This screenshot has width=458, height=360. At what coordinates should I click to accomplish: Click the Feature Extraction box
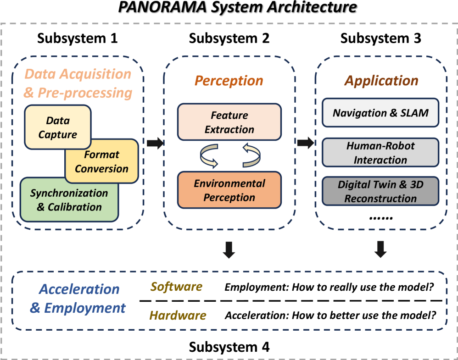tap(229, 122)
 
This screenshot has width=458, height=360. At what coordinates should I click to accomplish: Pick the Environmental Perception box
tap(229, 190)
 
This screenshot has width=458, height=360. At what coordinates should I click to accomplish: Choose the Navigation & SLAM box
tap(380, 113)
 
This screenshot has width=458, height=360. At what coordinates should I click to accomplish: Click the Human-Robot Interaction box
tap(380, 153)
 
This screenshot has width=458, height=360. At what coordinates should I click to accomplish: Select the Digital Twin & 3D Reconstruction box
tap(380, 192)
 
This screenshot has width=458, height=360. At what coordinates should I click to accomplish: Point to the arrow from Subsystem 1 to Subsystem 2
tap(155, 143)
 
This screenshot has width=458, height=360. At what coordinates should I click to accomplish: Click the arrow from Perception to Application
tap(306, 143)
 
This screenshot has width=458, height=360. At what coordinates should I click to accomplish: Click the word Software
tap(177, 287)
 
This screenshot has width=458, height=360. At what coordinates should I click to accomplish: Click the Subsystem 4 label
tap(229, 347)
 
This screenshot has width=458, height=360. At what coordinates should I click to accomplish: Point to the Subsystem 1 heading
tap(78, 39)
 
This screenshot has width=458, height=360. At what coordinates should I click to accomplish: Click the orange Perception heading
tap(229, 81)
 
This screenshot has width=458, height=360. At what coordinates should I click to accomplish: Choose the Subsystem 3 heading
tap(380, 39)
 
